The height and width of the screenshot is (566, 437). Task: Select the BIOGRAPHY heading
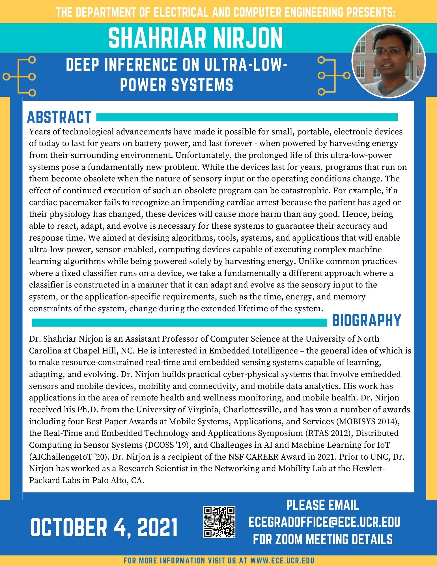pyautogui.click(x=366, y=320)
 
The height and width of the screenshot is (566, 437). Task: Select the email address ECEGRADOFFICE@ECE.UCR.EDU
pyautogui.click(x=324, y=522)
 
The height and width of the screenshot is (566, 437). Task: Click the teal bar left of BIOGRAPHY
pyautogui.click(x=179, y=322)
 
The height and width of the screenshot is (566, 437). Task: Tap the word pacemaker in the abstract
pyautogui.click(x=82, y=203)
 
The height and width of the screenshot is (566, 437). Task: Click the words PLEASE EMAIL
pyautogui.click(x=323, y=505)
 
